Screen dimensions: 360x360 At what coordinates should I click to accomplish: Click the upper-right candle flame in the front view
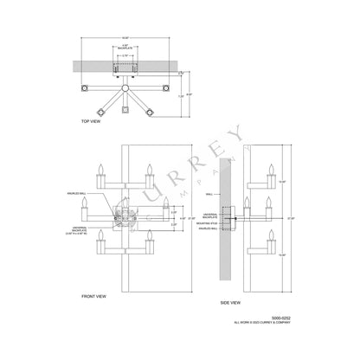coord(150,165)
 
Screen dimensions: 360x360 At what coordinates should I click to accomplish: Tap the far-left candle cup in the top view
coord(85,88)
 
